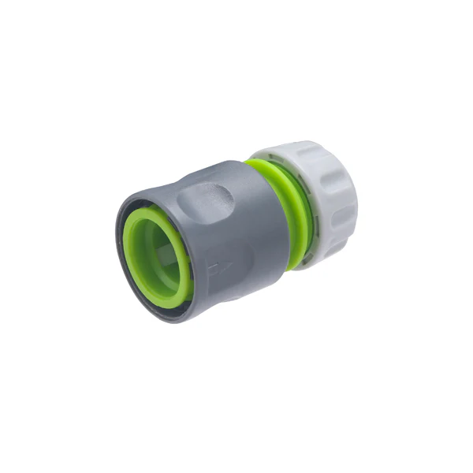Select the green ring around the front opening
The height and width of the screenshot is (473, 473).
pyautogui.click(x=136, y=229)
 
